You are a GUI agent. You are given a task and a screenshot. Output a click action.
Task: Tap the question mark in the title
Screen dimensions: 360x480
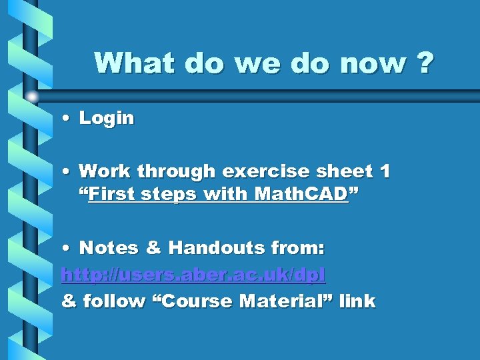423,63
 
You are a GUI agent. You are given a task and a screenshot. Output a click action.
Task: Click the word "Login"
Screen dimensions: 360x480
107,119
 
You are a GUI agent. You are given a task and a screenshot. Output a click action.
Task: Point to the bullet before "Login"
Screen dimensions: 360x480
67,119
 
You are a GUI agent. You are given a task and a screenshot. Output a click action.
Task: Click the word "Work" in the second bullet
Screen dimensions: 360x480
105,171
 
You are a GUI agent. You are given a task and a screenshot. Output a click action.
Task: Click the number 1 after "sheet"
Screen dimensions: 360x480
384,171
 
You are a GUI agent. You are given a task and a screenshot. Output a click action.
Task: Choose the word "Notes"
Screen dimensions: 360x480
109,248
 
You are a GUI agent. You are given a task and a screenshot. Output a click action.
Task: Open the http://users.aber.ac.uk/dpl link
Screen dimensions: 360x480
193,275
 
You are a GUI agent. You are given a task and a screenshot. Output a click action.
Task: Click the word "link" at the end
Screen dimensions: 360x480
357,301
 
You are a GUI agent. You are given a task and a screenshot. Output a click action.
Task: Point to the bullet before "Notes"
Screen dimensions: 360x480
67,249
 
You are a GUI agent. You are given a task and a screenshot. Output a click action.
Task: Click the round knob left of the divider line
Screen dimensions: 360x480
33,97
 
